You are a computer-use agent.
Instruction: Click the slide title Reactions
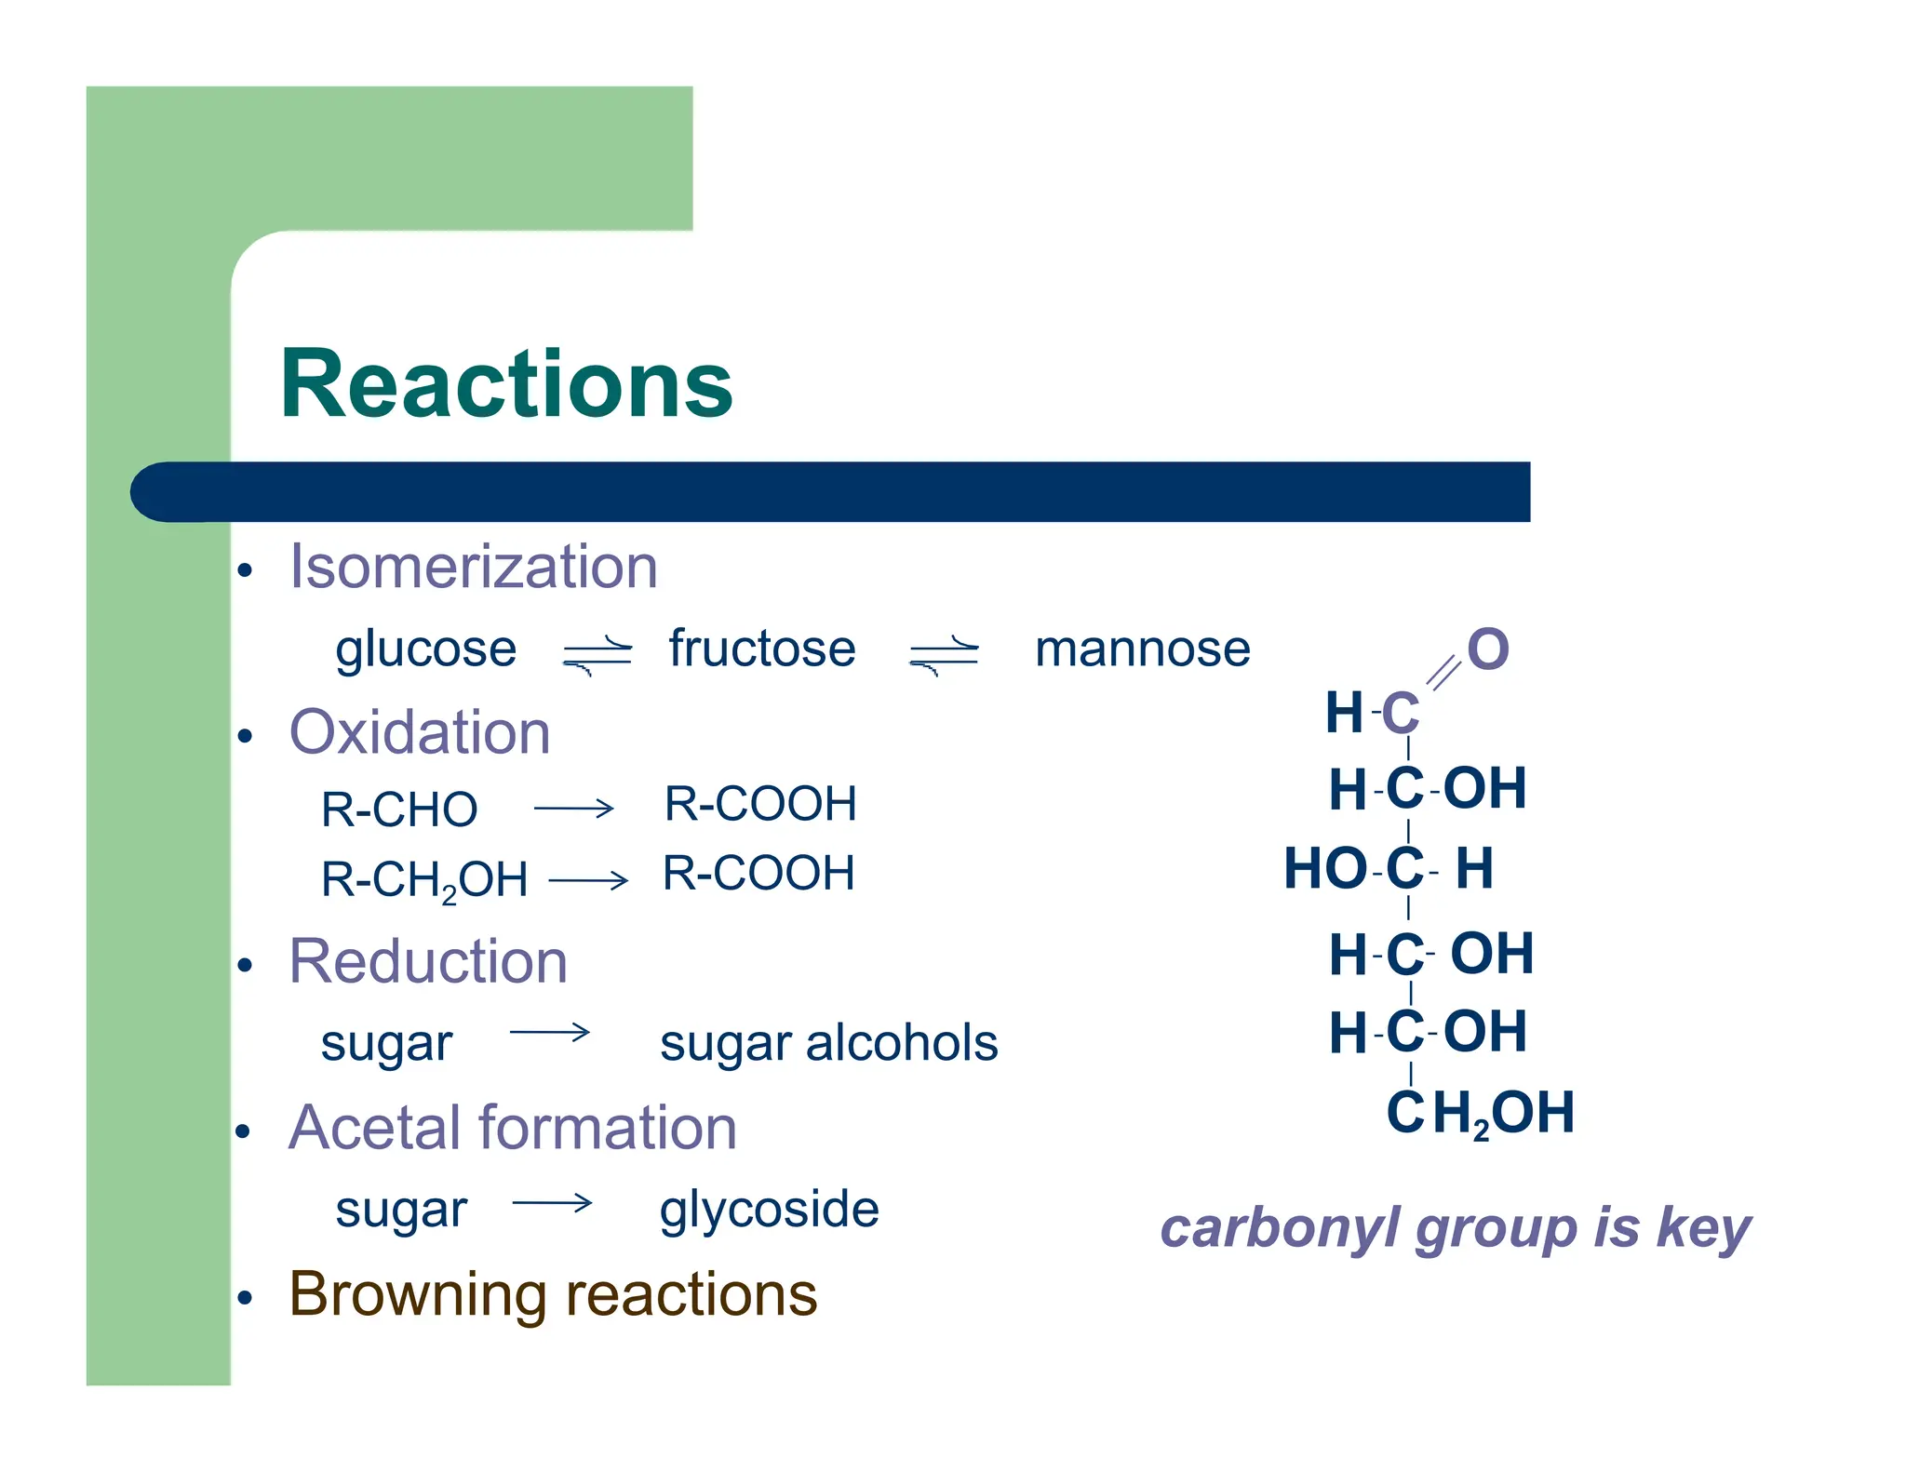point(506,383)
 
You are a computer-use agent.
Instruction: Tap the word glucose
point(425,649)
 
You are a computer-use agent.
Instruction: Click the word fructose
point(761,649)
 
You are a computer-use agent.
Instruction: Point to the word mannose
point(1142,649)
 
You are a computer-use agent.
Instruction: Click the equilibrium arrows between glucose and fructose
point(597,653)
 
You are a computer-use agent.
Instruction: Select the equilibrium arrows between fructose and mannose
point(943,653)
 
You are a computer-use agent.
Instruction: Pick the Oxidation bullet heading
point(420,732)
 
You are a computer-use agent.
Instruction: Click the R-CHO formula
point(399,809)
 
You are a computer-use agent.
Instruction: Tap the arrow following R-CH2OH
point(588,879)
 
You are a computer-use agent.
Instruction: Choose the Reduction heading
point(428,961)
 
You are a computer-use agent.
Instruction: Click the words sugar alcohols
point(828,1043)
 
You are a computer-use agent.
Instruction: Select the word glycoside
point(769,1209)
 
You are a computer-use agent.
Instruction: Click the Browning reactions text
point(553,1294)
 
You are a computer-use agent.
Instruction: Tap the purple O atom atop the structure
point(1487,649)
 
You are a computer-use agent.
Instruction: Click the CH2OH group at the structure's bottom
point(1480,1113)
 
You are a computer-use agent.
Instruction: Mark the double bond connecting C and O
point(1443,672)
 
